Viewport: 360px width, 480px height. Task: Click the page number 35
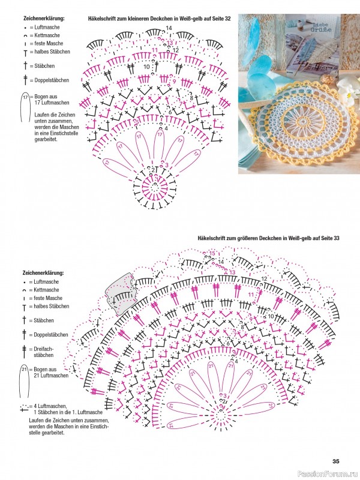(336, 461)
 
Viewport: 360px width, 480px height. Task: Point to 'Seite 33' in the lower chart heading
(328, 238)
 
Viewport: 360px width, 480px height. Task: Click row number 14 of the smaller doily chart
(169, 28)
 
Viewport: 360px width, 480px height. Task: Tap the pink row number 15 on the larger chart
(212, 253)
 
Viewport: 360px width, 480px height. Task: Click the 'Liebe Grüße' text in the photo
(316, 25)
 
